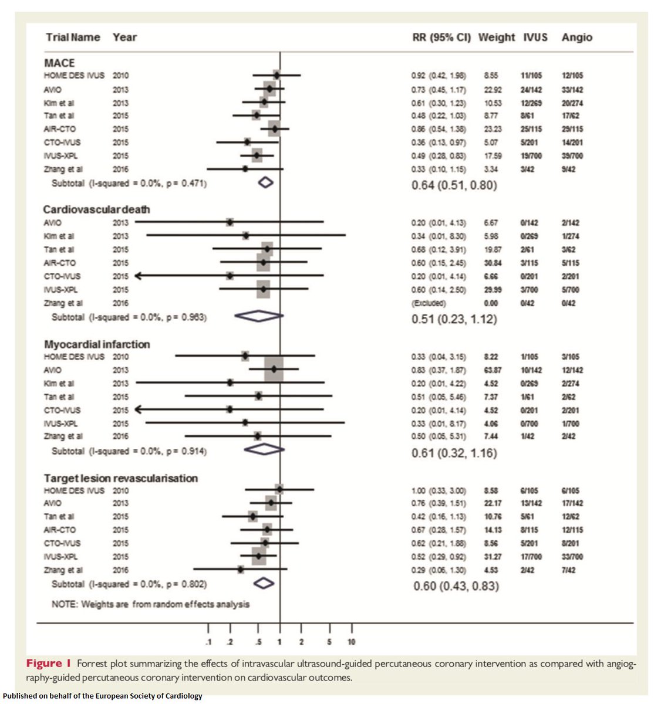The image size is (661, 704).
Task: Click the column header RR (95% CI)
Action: (x=441, y=38)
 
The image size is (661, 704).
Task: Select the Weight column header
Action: (x=497, y=38)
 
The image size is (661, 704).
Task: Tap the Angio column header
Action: (x=576, y=38)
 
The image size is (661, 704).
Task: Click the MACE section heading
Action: (x=59, y=63)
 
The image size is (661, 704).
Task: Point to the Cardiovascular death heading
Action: (x=97, y=209)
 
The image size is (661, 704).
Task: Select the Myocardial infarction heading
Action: (x=97, y=344)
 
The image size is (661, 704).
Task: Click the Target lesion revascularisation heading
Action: (x=121, y=478)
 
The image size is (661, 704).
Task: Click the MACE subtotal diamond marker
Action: (x=266, y=184)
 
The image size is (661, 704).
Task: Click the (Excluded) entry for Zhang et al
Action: (x=429, y=303)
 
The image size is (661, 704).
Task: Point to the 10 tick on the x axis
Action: (x=352, y=642)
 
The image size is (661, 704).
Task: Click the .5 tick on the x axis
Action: (x=258, y=642)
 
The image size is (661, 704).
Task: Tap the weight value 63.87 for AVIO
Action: (x=490, y=370)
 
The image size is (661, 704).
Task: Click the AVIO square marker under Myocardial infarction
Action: (x=274, y=370)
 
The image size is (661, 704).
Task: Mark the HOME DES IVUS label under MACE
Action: (x=74, y=76)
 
